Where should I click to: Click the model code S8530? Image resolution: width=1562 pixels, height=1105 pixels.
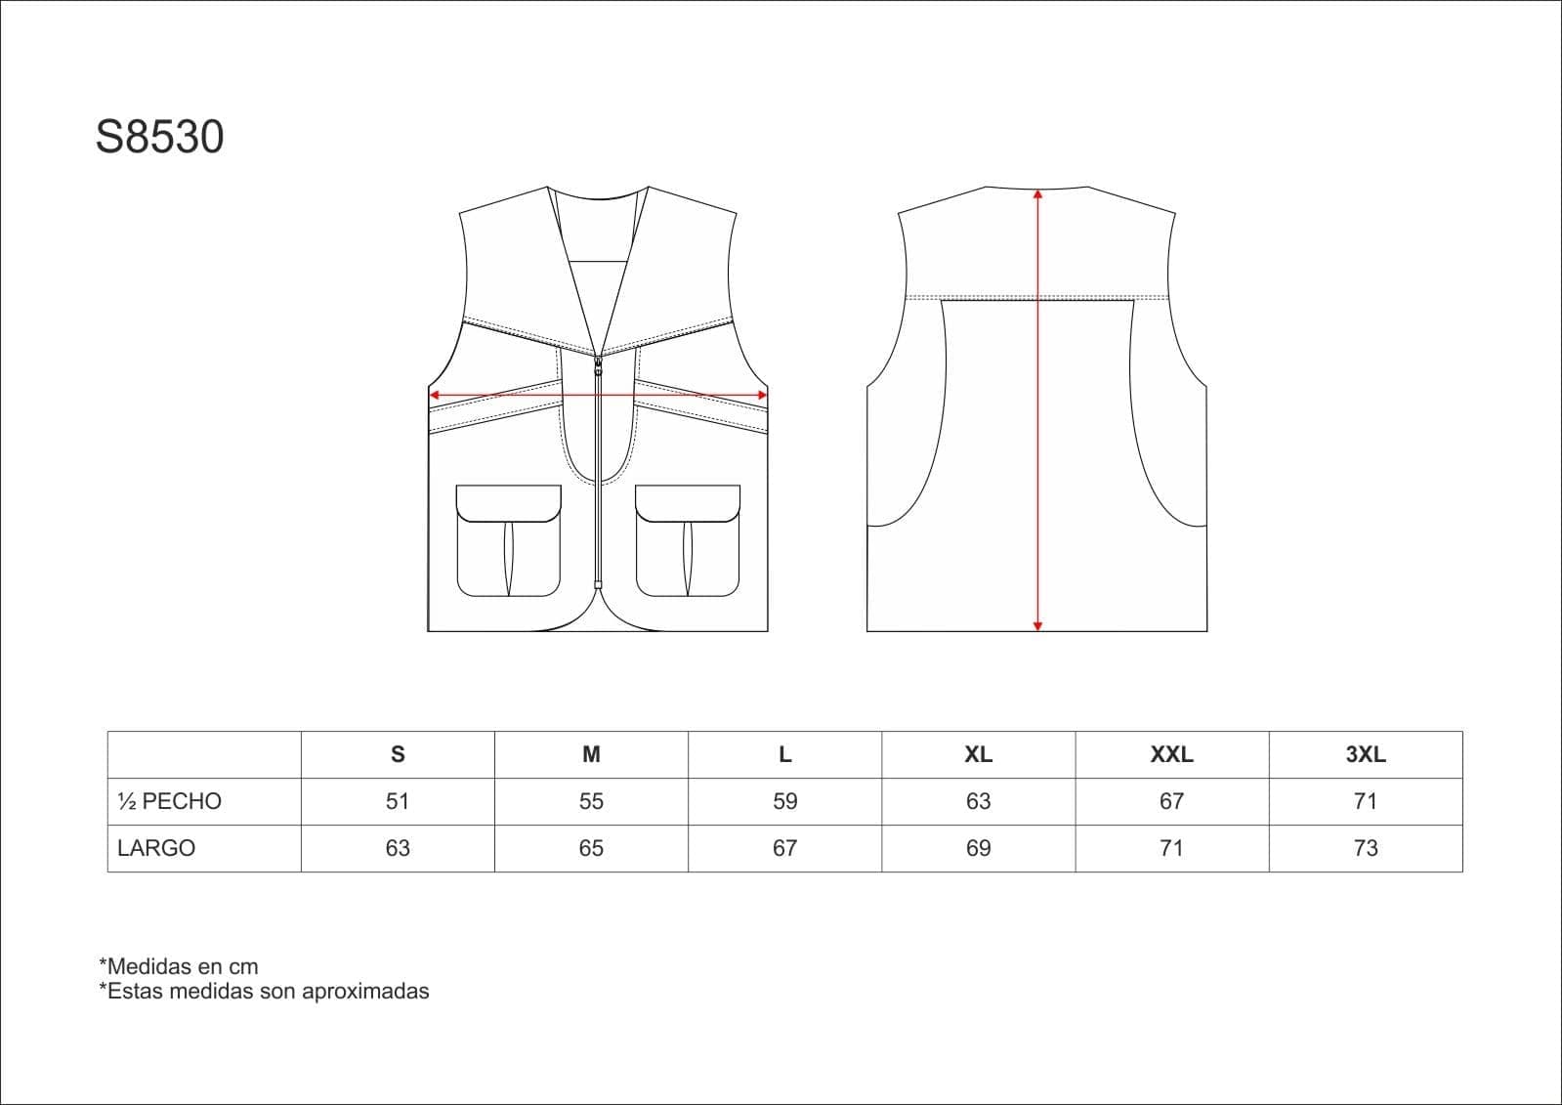(159, 138)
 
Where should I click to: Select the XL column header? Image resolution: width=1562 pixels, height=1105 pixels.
(978, 754)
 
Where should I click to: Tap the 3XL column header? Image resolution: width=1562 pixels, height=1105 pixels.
(1365, 754)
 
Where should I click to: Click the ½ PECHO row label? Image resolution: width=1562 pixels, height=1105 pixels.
(169, 801)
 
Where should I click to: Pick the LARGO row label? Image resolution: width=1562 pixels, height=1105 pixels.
(156, 848)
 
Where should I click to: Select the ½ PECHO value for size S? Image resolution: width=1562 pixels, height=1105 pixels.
(397, 801)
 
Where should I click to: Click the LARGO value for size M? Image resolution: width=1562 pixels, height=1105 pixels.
(591, 848)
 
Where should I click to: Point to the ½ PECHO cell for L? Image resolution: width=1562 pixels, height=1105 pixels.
(784, 801)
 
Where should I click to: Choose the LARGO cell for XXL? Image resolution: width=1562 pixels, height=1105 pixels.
(1171, 848)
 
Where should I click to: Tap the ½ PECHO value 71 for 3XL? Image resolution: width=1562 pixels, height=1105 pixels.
(1365, 801)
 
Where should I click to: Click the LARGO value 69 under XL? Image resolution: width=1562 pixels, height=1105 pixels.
(978, 848)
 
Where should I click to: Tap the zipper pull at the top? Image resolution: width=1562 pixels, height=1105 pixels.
(598, 365)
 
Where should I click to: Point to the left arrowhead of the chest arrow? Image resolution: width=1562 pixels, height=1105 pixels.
(434, 396)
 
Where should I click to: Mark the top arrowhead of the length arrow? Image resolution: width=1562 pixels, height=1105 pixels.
(1037, 194)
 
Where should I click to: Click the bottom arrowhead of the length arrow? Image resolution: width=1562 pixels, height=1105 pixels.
(1037, 625)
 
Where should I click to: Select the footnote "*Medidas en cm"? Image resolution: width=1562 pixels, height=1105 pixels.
(179, 966)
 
